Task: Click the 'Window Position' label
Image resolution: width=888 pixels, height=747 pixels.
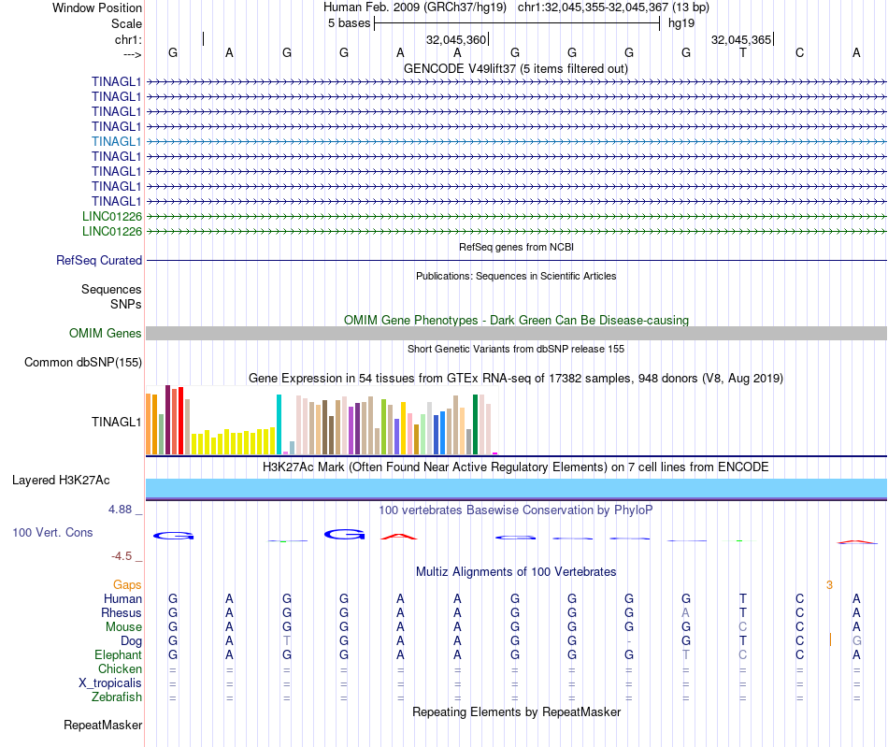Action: (x=97, y=7)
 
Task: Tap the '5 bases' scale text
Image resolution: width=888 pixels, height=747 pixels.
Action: (x=349, y=23)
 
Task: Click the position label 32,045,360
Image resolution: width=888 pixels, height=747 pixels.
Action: (x=456, y=40)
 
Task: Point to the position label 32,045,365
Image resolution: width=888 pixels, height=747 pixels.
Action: (x=741, y=40)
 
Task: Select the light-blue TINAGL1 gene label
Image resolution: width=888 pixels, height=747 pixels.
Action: (x=117, y=141)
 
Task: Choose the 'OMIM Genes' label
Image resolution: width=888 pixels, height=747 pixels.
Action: (x=106, y=334)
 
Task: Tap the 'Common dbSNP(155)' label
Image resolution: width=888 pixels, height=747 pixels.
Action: (x=83, y=363)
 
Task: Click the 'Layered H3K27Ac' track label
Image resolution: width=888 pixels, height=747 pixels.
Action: (x=61, y=481)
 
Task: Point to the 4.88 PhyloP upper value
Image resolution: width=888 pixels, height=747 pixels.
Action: (x=122, y=510)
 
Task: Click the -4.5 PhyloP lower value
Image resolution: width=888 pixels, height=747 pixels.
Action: (x=122, y=556)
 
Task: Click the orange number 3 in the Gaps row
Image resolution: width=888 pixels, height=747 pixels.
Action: (x=829, y=584)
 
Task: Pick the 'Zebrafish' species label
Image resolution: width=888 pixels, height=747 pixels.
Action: (x=117, y=697)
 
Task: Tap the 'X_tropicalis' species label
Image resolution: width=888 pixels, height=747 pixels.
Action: (x=110, y=683)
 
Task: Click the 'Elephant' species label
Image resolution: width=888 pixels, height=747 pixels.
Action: (x=118, y=655)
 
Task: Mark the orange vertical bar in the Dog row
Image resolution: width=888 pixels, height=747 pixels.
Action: (x=830, y=640)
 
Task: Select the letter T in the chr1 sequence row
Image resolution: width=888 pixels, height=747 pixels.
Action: (x=743, y=53)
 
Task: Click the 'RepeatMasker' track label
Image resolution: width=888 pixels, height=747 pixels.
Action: (x=103, y=725)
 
